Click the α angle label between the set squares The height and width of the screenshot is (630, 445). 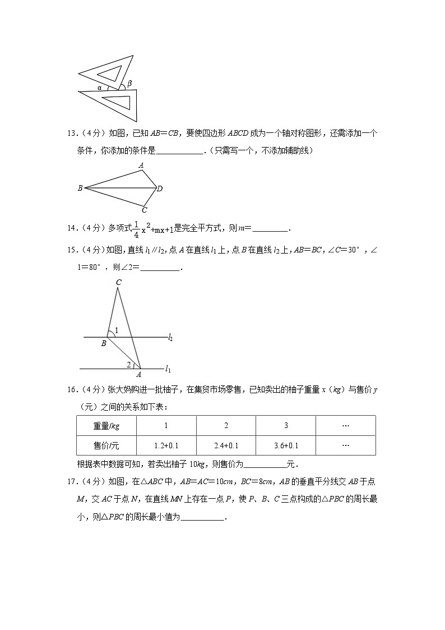(99, 88)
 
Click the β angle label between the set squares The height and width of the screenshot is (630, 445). (129, 84)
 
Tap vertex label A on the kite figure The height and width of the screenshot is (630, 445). (141, 165)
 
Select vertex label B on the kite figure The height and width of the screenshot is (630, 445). (80, 188)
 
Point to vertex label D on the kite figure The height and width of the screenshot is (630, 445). (160, 188)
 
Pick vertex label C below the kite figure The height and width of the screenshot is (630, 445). (144, 210)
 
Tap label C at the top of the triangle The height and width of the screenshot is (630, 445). (119, 283)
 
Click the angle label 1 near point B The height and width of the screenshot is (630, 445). (116, 330)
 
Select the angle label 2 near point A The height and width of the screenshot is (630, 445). (128, 365)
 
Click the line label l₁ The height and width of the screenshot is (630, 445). (168, 369)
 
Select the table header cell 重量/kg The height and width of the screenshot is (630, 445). (106, 426)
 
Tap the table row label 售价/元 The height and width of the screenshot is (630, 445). (106, 446)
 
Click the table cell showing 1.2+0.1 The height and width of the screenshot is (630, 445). (166, 446)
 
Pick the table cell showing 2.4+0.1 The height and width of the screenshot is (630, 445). (226, 446)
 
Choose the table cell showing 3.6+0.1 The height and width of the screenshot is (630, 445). (286, 446)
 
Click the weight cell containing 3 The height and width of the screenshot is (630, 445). (286, 426)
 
